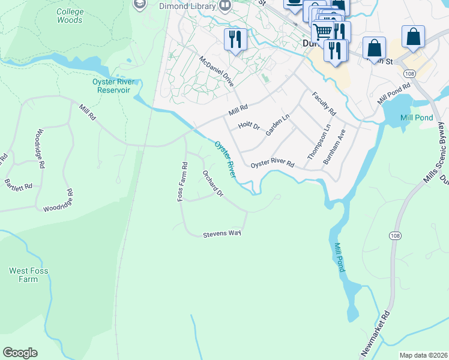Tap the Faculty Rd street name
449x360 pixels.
coord(324,104)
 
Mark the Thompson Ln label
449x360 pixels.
coord(319,142)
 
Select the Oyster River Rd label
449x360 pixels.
coord(273,164)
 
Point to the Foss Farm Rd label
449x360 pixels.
coord(182,181)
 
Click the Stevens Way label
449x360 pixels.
coord(221,233)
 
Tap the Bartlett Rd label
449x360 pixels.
coord(18,184)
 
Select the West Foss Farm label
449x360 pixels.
coord(28,275)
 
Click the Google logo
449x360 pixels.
coord(20,353)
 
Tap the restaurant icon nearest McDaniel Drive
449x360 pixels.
coord(234,39)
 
